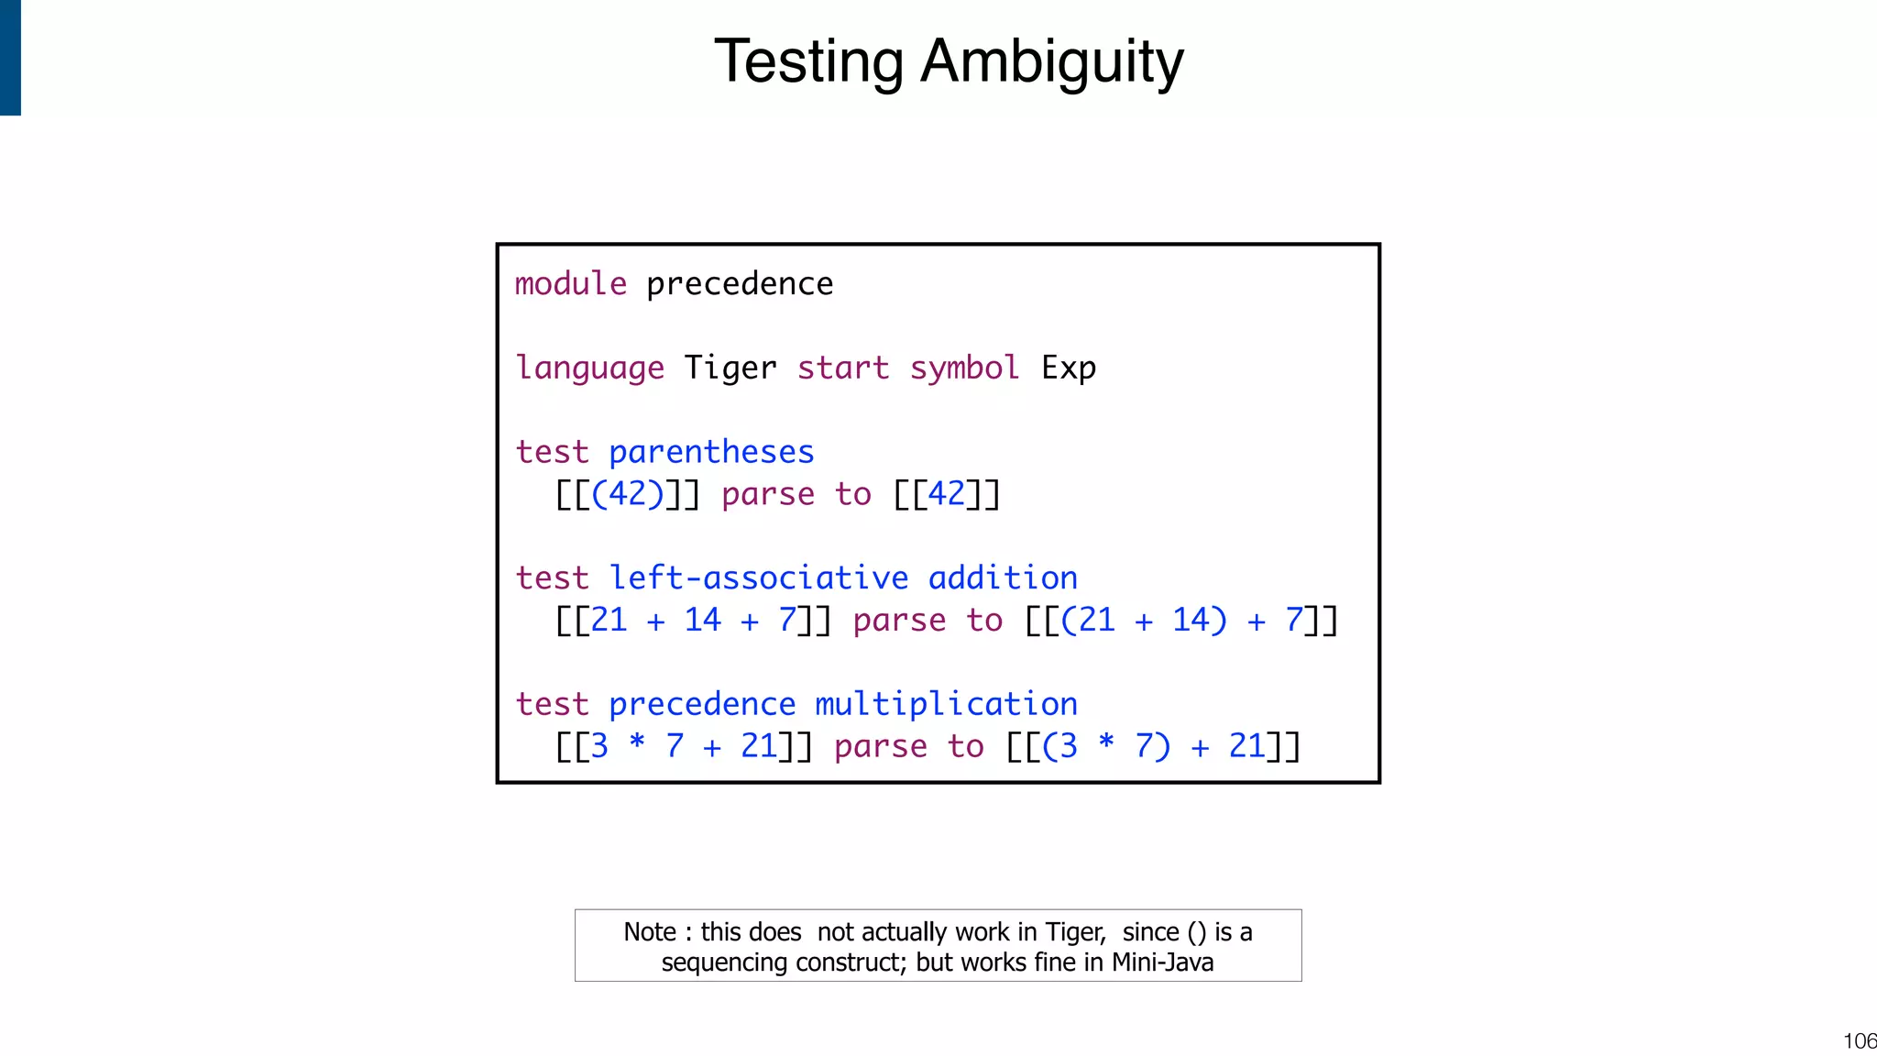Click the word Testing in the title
tap(808, 62)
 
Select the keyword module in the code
tap(571, 284)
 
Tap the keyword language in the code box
tap(589, 368)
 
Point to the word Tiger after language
tap(730, 368)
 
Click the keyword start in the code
tap(843, 368)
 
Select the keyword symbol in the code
tap(964, 368)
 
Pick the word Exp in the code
tap(1069, 368)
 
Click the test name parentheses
tap(711, 453)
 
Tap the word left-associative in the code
tap(759, 578)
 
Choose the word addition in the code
tap(1003, 578)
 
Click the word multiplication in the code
tap(946, 704)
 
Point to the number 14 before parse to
tap(703, 621)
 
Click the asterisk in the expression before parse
tap(637, 744)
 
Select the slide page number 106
tap(1860, 1041)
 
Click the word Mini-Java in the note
tap(1162, 962)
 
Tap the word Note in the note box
tap(650, 932)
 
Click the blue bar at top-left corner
tap(10, 57)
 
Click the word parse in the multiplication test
tap(881, 747)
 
